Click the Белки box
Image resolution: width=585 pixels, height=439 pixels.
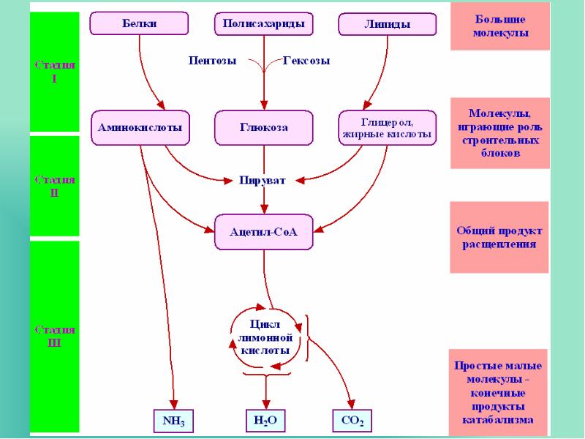click(x=138, y=23)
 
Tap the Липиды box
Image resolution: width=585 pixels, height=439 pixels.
click(x=387, y=24)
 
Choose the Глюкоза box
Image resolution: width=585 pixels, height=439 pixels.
click(x=264, y=127)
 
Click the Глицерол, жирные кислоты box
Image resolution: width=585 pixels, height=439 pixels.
click(x=388, y=127)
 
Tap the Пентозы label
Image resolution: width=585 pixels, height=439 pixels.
click(x=212, y=61)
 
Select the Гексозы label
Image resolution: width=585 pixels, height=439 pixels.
click(x=306, y=61)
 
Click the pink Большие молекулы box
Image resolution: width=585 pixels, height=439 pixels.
click(x=499, y=26)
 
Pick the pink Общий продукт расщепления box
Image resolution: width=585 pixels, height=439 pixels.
click(x=499, y=237)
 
